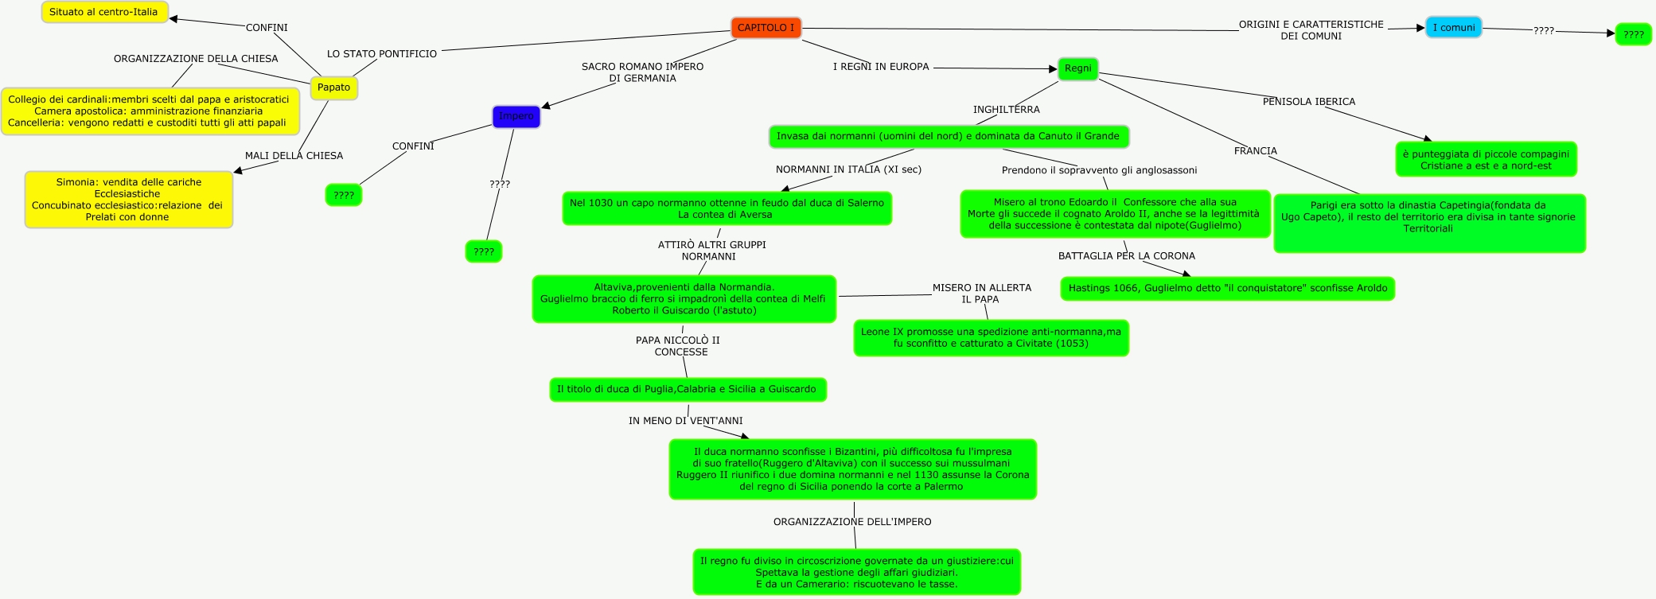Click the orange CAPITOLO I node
click(x=766, y=28)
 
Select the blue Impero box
click(x=516, y=116)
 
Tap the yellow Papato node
click(x=333, y=88)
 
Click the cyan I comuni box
click(x=1453, y=28)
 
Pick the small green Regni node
click(x=1077, y=68)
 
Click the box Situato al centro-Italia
click(x=103, y=13)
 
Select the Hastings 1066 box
click(x=1227, y=288)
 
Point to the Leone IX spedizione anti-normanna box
click(x=991, y=338)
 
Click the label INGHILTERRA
click(x=1006, y=110)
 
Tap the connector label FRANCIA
click(x=1255, y=151)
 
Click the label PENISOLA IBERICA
click(x=1308, y=102)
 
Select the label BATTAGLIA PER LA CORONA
click(x=1126, y=256)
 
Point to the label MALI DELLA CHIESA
click(x=294, y=156)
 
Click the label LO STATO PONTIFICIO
click(x=382, y=54)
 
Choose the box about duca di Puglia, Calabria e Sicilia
click(x=687, y=390)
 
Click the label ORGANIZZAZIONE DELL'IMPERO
click(x=851, y=522)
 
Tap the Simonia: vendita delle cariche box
click(x=128, y=200)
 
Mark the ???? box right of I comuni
click(x=1633, y=35)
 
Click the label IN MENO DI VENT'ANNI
click(x=685, y=421)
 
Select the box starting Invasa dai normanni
click(x=948, y=137)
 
